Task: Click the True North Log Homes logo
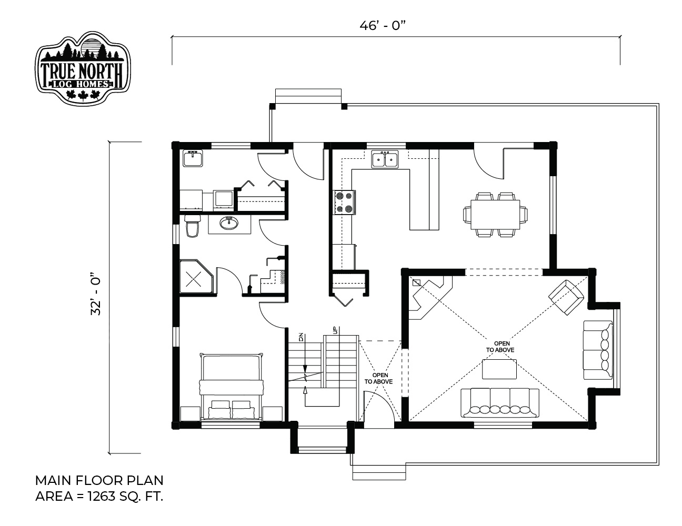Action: (x=83, y=67)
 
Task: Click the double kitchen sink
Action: (x=385, y=159)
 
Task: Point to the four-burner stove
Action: (x=344, y=203)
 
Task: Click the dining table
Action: (x=495, y=215)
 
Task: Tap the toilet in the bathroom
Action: (x=193, y=226)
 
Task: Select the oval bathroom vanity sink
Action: (x=229, y=224)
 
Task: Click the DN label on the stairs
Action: (x=302, y=338)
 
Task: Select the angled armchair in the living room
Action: (x=566, y=297)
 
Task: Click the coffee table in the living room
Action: (x=499, y=369)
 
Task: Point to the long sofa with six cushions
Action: (x=500, y=403)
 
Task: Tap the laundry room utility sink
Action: (x=193, y=158)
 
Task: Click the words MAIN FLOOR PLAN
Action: (x=99, y=481)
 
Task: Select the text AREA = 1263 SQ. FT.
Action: (x=99, y=496)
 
